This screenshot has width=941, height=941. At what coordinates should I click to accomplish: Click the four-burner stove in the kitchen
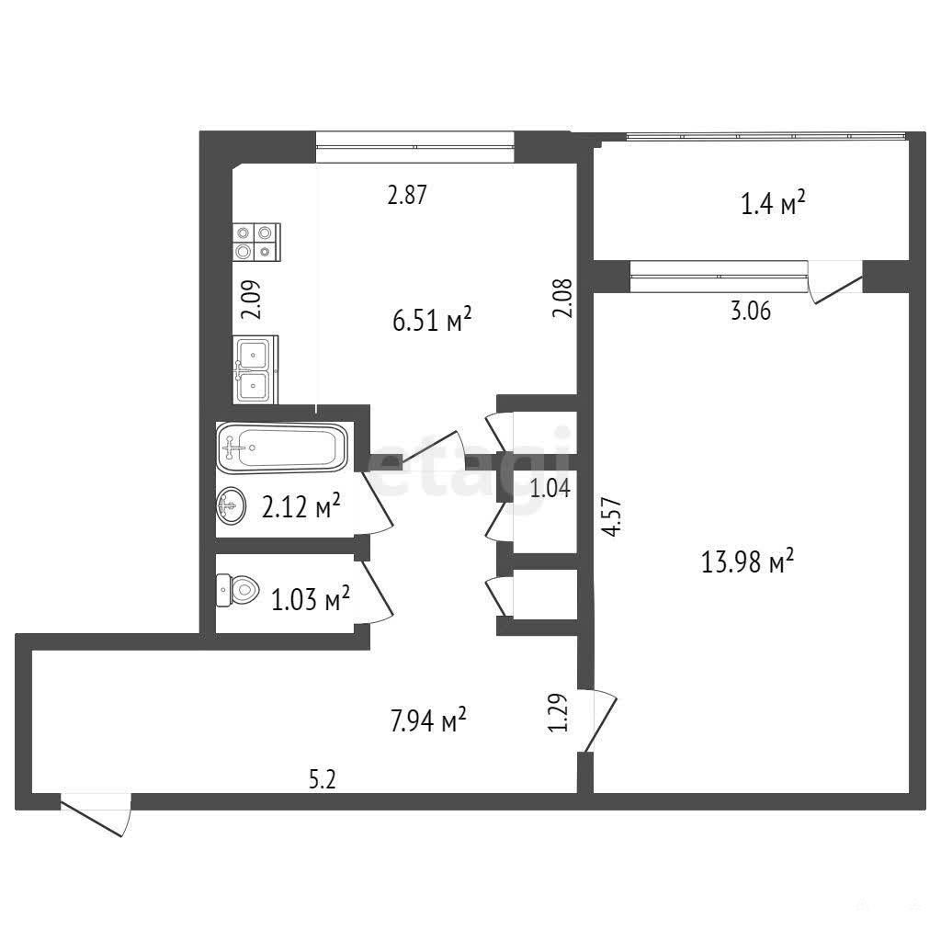[256, 242]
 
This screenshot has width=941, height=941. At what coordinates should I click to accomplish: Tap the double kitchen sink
[255, 369]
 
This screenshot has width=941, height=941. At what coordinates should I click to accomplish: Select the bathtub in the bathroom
[282, 448]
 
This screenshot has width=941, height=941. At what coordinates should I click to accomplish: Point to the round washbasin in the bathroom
[231, 505]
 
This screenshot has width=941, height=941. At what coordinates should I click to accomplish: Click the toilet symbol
[237, 591]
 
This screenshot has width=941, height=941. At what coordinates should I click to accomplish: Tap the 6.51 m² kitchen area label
[432, 319]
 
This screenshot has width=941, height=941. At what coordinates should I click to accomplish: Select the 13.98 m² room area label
[748, 561]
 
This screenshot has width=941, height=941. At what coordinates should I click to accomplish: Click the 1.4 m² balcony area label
[773, 203]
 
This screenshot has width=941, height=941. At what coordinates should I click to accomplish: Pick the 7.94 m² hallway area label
[428, 720]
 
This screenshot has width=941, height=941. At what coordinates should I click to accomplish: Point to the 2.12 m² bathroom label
[301, 506]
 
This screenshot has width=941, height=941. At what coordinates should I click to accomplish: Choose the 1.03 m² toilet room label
[311, 598]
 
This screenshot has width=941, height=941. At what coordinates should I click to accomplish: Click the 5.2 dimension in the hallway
[323, 780]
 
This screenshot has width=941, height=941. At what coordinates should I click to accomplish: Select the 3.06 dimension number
[751, 311]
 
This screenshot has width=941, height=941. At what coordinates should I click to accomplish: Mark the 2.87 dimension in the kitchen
[407, 195]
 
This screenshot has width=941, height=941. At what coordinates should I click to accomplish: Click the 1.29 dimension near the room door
[558, 712]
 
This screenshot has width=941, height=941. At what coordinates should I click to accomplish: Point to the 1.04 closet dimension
[550, 489]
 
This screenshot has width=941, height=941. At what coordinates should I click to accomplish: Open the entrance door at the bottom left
[95, 814]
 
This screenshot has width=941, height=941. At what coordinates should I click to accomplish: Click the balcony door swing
[835, 283]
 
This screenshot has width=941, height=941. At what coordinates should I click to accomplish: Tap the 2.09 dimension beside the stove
[252, 300]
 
